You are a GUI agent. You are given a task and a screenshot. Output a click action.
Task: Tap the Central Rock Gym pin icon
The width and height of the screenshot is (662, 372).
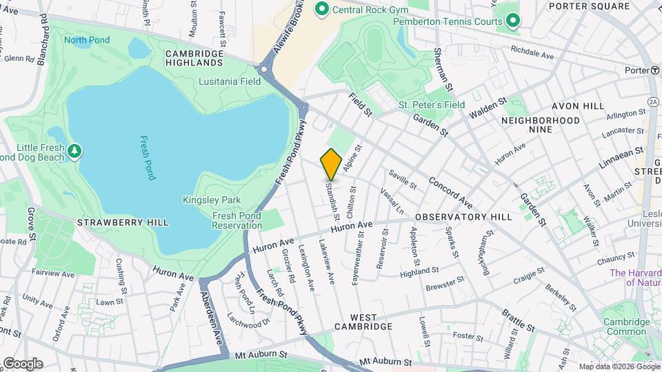click(321, 9)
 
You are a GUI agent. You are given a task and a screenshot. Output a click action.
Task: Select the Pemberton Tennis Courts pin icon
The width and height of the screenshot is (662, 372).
click(512, 21)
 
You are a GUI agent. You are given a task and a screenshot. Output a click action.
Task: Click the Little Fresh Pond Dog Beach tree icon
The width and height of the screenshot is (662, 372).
click(74, 149)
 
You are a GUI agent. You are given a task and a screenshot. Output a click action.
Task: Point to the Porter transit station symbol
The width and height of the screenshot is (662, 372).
click(654, 70)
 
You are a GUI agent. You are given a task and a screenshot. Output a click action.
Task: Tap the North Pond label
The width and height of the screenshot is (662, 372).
click(87, 40)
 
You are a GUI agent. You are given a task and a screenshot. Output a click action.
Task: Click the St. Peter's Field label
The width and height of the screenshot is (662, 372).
click(432, 105)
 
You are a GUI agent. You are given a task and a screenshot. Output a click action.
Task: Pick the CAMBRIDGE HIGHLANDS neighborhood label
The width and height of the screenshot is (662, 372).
click(194, 58)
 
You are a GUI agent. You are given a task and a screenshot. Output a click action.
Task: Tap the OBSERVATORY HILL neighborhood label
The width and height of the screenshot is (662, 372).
click(463, 216)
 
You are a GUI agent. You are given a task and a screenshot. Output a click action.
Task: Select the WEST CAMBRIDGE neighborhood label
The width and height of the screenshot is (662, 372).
click(363, 321)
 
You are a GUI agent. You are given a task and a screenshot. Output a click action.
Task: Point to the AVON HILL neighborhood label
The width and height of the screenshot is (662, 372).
click(577, 107)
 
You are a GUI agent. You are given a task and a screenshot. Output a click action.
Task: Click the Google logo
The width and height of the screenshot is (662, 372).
click(23, 362)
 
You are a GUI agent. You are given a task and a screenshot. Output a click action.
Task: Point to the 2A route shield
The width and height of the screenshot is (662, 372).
click(653, 101)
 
